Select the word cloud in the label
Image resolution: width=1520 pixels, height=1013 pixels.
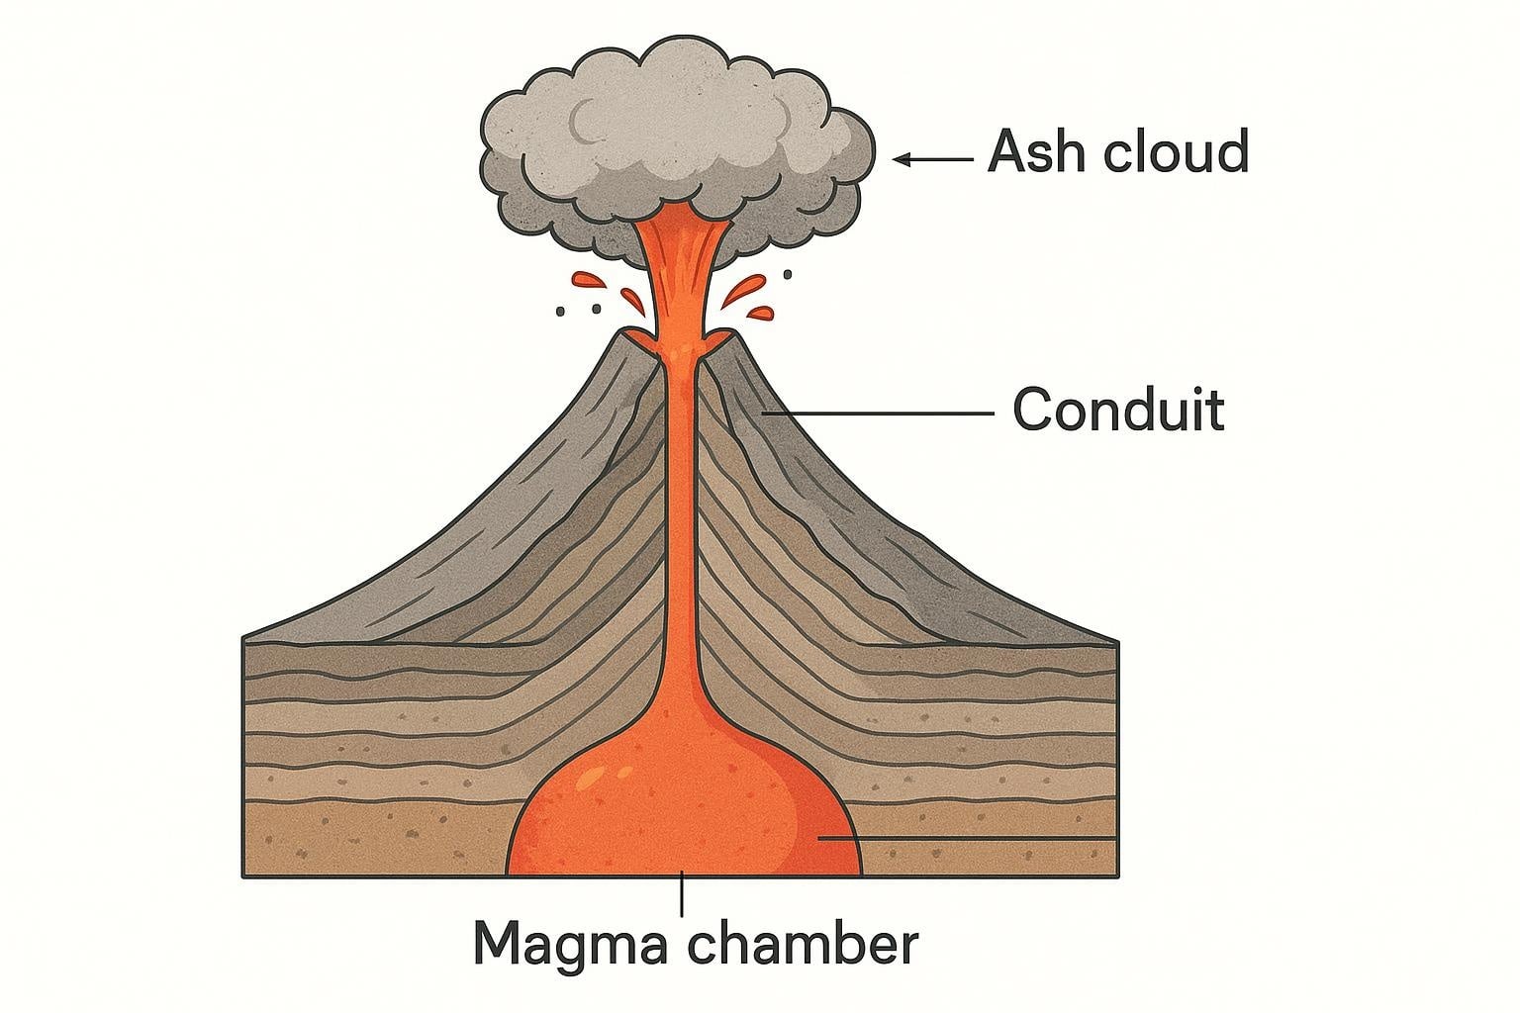pos(1177,149)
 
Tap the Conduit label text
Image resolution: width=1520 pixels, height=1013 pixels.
pos(1119,409)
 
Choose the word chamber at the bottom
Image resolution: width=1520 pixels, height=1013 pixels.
pos(804,941)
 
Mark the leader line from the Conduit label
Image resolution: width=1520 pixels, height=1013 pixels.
pos(878,413)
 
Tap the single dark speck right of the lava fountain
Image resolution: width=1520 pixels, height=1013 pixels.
pos(788,274)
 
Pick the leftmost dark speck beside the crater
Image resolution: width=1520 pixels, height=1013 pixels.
pos(560,312)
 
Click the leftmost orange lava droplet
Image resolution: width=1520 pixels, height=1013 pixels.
pos(589,280)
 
